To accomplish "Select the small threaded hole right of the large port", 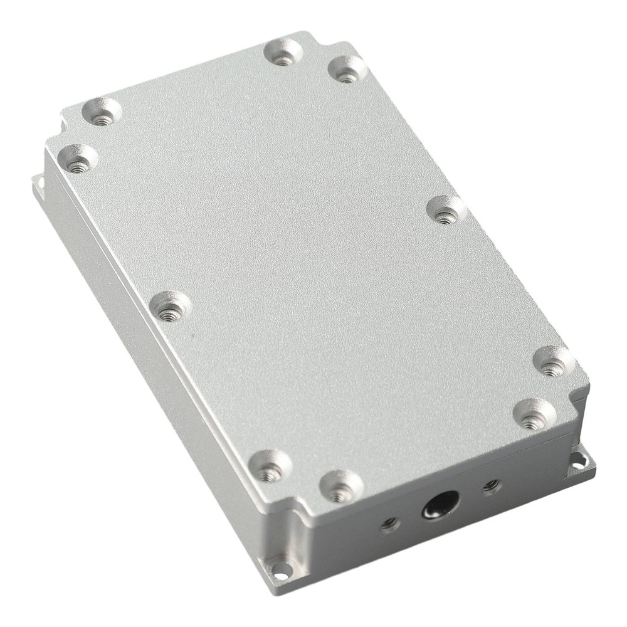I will click(x=491, y=486).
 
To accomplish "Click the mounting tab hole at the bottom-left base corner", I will click(x=280, y=569).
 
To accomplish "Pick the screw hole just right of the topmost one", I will click(x=347, y=69).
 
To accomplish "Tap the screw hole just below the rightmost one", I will click(x=533, y=414).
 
